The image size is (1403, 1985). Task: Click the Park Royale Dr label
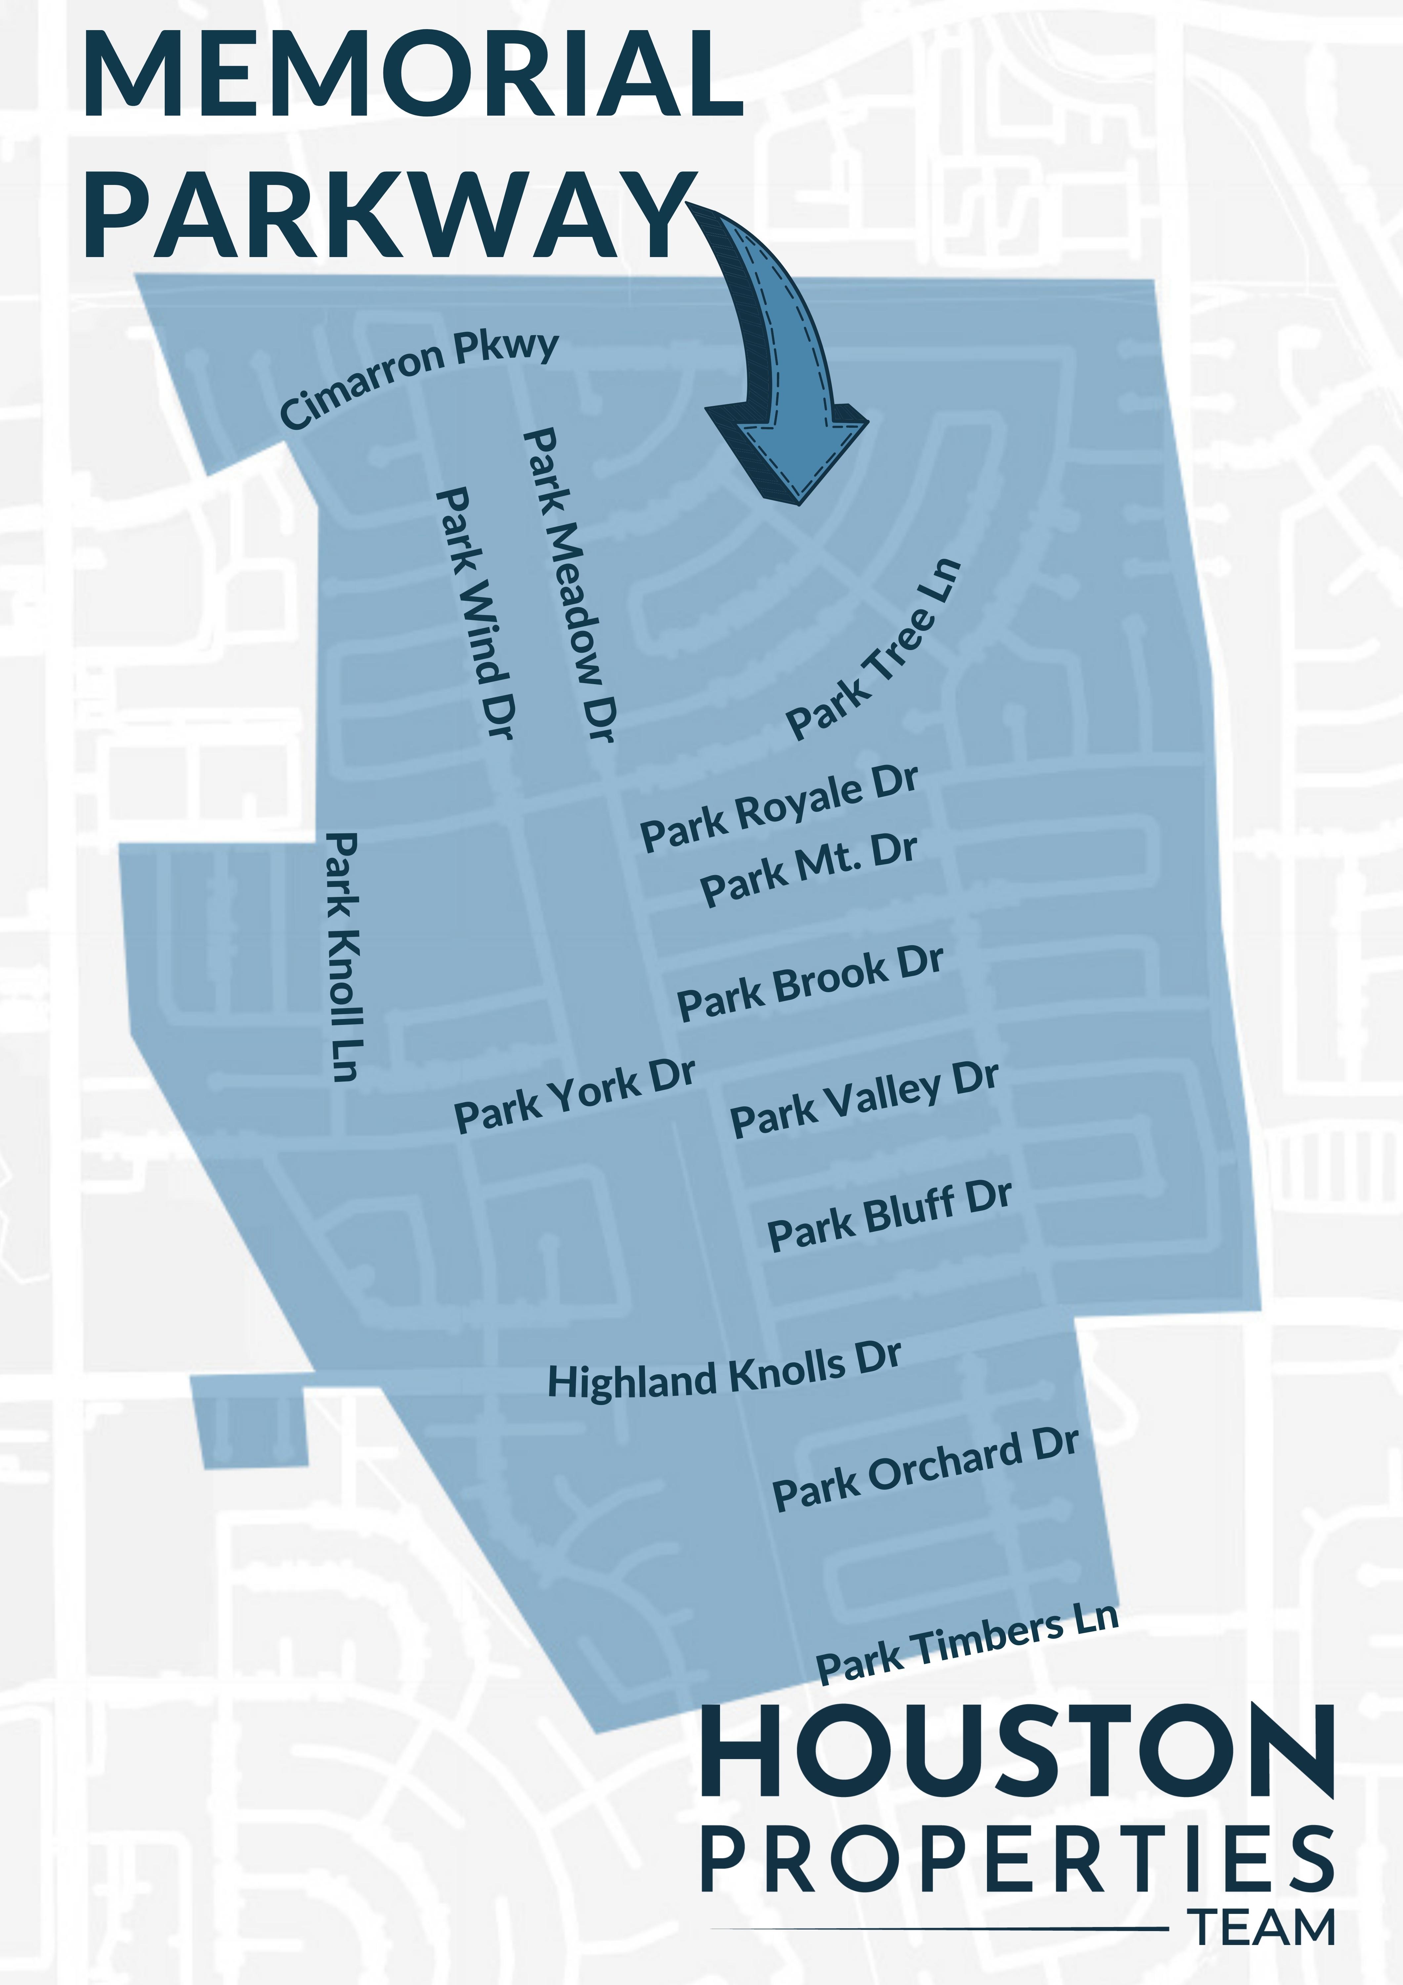pos(778,808)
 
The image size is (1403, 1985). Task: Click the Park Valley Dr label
pos(865,1100)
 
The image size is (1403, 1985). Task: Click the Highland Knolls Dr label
pos(724,1370)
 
